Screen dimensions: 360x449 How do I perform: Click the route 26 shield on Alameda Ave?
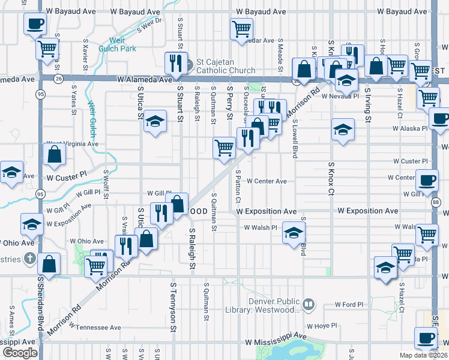click(x=58, y=78)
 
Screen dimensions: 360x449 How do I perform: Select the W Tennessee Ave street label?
click(x=95, y=328)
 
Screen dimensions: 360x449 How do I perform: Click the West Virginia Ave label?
click(x=73, y=144)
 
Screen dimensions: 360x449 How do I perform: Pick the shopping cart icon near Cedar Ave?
click(x=241, y=28)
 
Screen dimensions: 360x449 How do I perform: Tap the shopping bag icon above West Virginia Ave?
click(x=54, y=155)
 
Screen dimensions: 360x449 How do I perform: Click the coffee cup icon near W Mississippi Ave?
click(x=426, y=338)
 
